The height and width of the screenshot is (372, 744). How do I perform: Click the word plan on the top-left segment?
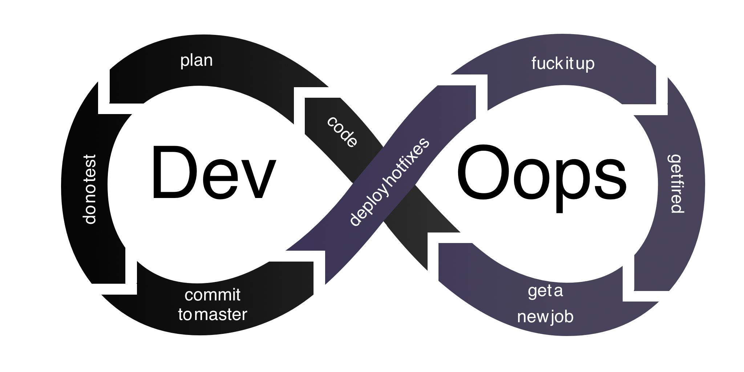coord(196,61)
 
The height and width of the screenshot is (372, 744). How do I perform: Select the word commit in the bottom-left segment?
coord(213,295)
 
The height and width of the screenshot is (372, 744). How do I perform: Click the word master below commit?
coord(221,315)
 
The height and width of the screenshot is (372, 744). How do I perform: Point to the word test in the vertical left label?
coord(90,167)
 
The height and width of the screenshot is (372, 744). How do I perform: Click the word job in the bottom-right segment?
coord(562,317)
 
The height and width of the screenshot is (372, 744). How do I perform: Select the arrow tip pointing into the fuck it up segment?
coord(481,93)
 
